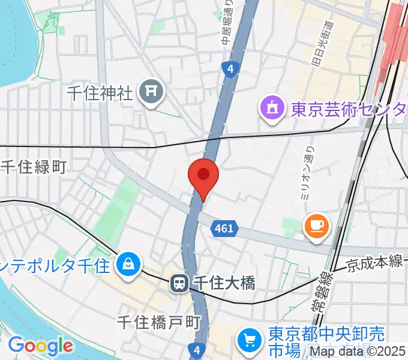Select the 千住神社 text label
[99, 94]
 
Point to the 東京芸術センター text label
[348, 110]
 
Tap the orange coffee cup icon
[317, 226]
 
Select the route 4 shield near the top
[230, 69]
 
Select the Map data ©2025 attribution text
[357, 352]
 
